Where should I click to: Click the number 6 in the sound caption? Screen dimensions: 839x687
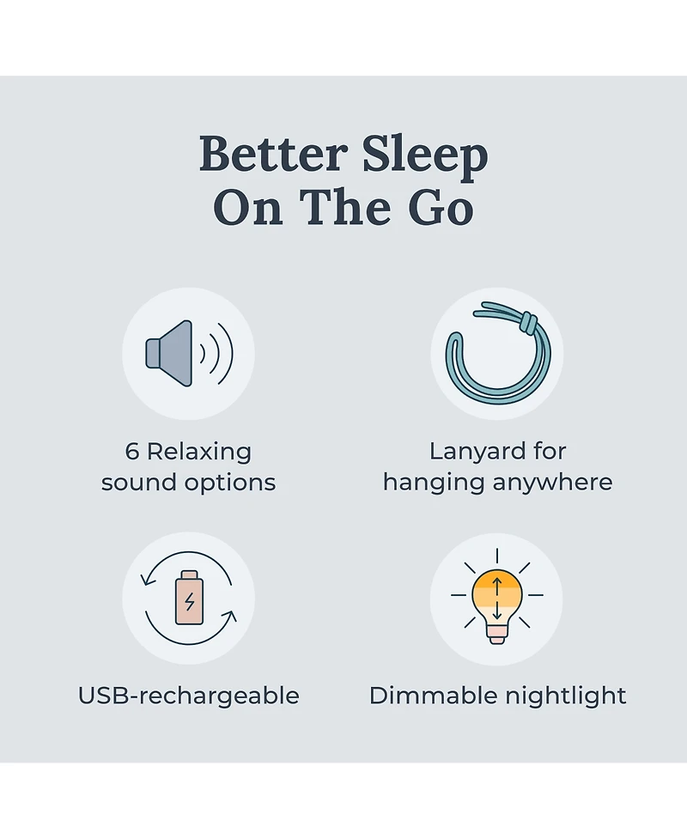point(132,452)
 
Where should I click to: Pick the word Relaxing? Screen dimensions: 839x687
point(199,452)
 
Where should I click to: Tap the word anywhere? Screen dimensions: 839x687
point(556,483)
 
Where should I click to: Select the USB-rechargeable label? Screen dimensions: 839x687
point(189,696)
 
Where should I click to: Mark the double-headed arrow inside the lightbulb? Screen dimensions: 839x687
point(496,595)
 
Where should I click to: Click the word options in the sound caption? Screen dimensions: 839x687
point(231,483)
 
